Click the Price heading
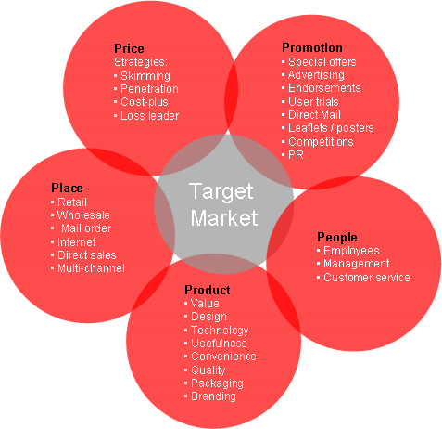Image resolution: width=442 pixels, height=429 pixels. tap(129, 48)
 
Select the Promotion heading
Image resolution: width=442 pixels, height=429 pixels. tap(312, 47)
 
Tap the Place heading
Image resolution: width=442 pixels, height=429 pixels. tap(67, 188)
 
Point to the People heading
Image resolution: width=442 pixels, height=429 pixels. tap(337, 238)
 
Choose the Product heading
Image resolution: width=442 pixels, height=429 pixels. tap(207, 290)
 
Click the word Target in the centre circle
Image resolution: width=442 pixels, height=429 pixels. tap(221, 191)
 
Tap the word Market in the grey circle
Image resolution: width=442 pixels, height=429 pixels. tap(224, 218)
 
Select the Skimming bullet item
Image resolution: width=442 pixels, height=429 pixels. tap(145, 76)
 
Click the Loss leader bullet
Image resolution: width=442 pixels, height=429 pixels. tap(149, 116)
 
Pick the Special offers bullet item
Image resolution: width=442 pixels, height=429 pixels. tap(322, 62)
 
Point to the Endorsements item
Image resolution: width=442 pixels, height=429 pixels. tap(324, 88)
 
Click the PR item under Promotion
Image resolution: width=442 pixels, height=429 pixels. tap(296, 155)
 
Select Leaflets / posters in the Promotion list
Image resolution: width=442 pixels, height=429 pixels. tap(331, 128)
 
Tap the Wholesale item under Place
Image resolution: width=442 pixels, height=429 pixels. tap(83, 215)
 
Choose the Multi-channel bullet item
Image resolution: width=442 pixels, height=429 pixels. tap(91, 268)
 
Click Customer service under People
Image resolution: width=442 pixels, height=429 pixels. tap(367, 278)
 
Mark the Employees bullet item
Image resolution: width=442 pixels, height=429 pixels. tap(351, 251)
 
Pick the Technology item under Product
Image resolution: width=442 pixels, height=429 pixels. tap(220, 331)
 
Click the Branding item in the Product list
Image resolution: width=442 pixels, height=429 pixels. tap(213, 396)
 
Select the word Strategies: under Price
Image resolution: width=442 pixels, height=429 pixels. tap(141, 62)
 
